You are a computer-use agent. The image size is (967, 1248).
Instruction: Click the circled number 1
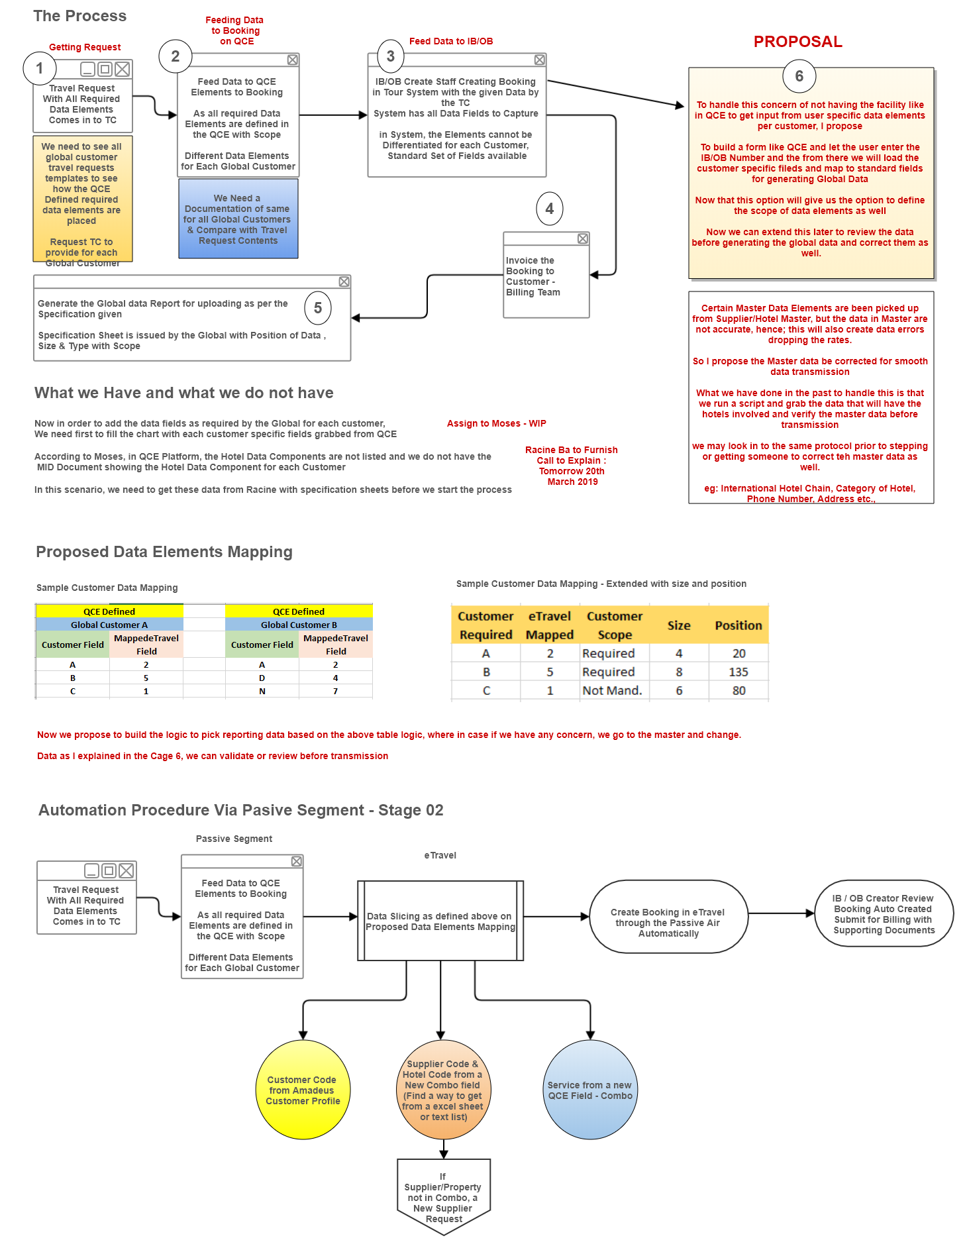[x=40, y=68]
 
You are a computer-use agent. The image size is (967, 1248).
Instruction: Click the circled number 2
[x=176, y=56]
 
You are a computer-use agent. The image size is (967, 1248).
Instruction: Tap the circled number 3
[x=391, y=56]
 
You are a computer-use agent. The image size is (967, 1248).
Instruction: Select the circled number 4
[x=550, y=209]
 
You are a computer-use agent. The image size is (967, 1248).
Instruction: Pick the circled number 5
[x=318, y=308]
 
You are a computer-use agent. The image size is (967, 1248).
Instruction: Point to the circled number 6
[x=799, y=76]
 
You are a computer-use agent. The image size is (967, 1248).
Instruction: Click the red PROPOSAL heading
[x=798, y=42]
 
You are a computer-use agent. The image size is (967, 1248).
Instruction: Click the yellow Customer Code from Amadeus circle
[x=303, y=1090]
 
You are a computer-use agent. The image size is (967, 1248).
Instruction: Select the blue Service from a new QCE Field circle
[x=590, y=1090]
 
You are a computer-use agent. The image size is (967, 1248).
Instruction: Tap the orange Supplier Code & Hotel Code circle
[x=444, y=1090]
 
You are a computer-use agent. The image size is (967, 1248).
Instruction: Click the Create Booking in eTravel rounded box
[x=668, y=917]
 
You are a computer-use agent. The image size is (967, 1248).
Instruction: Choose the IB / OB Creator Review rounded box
[x=884, y=913]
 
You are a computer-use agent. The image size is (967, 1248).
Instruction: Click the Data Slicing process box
[x=440, y=921]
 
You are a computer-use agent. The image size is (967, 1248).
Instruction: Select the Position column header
[x=738, y=625]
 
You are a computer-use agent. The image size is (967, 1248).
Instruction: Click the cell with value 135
[x=738, y=672]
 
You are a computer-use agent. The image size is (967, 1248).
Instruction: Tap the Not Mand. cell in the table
[x=613, y=690]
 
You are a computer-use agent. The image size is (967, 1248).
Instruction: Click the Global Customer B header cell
[x=299, y=625]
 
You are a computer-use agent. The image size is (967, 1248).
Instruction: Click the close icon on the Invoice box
[x=583, y=238]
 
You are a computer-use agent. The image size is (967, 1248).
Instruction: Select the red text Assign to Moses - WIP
[x=497, y=423]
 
